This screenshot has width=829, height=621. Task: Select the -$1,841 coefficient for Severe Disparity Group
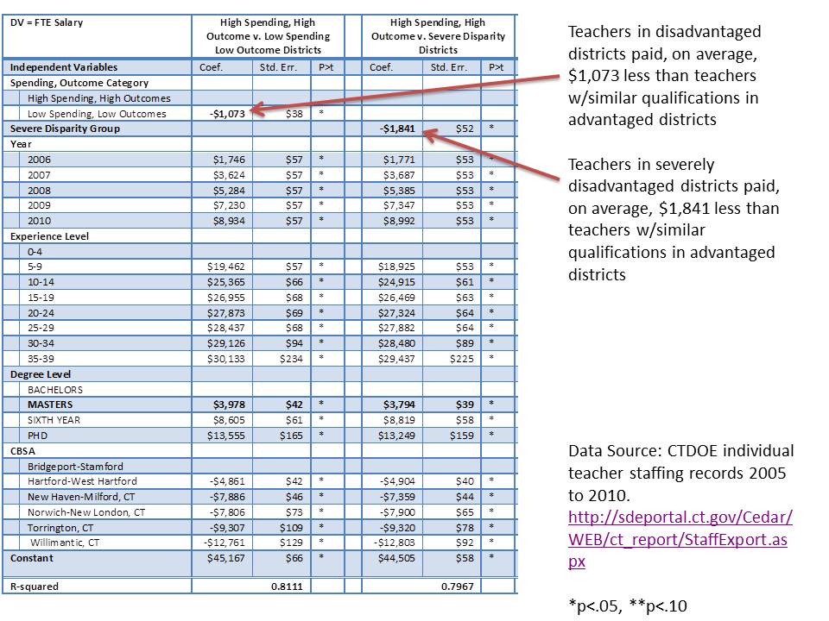398,129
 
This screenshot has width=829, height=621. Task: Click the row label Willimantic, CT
65,543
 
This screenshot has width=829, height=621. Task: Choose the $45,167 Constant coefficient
227,558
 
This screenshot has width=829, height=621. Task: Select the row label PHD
39,436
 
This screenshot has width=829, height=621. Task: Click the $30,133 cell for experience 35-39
227,359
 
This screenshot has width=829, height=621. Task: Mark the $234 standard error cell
294,359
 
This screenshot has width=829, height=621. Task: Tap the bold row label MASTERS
50,405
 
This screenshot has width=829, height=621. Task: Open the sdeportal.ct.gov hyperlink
680,539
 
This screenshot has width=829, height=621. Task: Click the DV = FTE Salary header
47,22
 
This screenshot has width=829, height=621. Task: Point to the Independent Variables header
64,67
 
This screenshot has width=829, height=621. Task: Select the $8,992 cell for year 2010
398,221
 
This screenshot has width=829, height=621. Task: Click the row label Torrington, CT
60,527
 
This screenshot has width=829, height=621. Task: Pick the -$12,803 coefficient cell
396,543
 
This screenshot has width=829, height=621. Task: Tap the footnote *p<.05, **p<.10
628,605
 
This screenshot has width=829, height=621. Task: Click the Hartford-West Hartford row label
82,481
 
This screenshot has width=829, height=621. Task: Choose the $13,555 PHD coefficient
227,436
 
